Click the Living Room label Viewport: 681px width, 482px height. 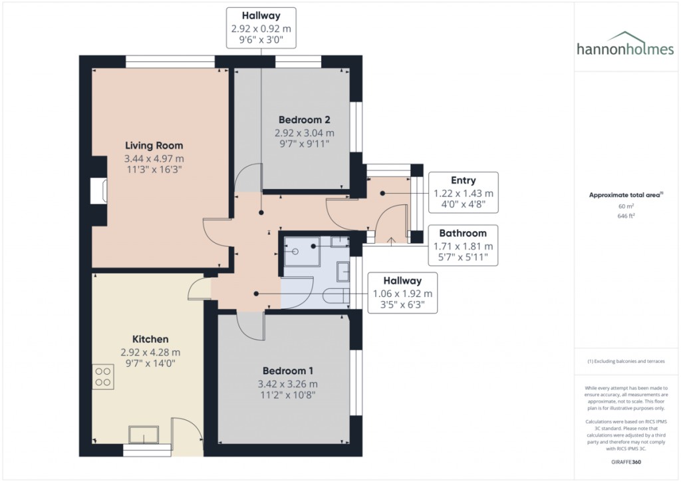(154, 146)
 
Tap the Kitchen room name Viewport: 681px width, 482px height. (150, 339)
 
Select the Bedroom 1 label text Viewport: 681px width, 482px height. (288, 371)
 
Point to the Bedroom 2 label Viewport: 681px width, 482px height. (304, 120)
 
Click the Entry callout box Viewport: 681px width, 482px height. (463, 192)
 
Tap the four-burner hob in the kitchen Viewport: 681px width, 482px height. (103, 377)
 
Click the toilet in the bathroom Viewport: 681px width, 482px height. (340, 296)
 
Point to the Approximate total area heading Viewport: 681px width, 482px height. (623, 195)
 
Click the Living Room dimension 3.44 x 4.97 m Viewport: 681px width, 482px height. (154, 159)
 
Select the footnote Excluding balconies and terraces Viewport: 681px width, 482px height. (624, 361)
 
